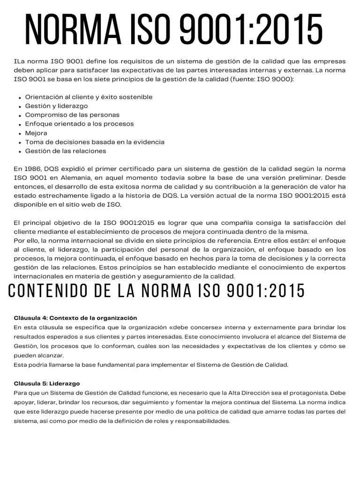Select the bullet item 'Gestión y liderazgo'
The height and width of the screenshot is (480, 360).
coord(56,106)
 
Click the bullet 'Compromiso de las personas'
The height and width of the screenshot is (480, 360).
coord(72,115)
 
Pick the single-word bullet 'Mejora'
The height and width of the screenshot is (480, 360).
coord(36,133)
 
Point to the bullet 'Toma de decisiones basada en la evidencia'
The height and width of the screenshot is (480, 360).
coord(95,142)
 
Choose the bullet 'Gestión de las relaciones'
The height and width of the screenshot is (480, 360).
coord(66,151)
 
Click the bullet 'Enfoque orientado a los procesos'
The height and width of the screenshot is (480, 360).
coord(79,124)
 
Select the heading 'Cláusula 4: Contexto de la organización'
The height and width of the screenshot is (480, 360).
coord(75,318)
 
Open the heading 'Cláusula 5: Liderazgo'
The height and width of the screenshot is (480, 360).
coord(47,383)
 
